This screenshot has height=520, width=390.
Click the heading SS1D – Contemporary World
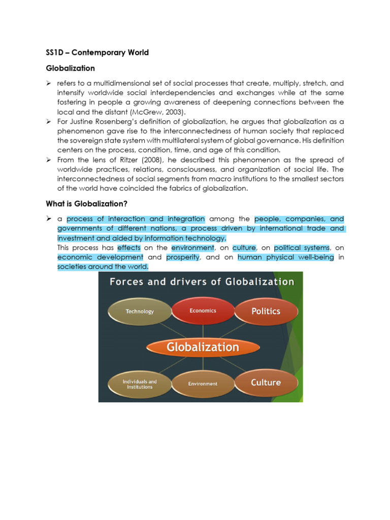pyautogui.click(x=95, y=52)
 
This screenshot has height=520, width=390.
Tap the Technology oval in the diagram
pyautogui.click(x=140, y=311)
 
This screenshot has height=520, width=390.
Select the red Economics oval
pyautogui.click(x=203, y=310)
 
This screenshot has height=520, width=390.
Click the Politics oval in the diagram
pyautogui.click(x=266, y=311)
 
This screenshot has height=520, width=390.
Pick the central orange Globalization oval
pyautogui.click(x=203, y=347)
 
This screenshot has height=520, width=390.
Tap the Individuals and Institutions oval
pyautogui.click(x=140, y=384)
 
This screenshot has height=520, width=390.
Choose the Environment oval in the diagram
pyautogui.click(x=203, y=384)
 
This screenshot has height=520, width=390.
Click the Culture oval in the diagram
pyautogui.click(x=266, y=382)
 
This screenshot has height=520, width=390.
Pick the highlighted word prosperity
pyautogui.click(x=183, y=257)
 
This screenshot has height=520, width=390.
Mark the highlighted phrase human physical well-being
pyautogui.click(x=285, y=257)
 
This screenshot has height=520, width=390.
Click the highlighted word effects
pyautogui.click(x=128, y=248)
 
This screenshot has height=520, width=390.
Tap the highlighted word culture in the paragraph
pyautogui.click(x=244, y=248)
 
